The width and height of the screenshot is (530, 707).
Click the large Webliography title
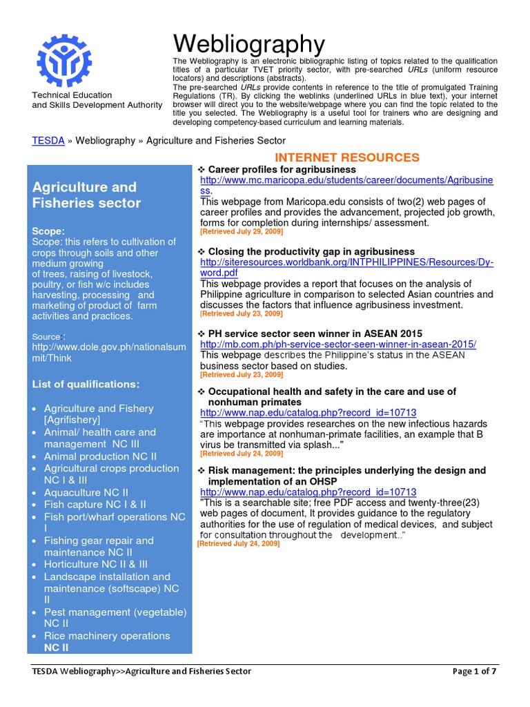[248, 44]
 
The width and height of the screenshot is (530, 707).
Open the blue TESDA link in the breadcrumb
[48, 140]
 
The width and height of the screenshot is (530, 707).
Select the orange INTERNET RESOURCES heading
[347, 157]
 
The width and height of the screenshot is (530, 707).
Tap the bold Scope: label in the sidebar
[49, 231]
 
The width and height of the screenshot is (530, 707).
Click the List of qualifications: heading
[86, 384]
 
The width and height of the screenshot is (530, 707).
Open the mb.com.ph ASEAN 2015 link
[338, 344]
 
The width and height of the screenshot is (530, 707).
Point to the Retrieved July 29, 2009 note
[242, 231]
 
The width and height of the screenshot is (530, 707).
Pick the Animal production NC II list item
[100, 456]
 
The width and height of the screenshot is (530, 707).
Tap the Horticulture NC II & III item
[96, 564]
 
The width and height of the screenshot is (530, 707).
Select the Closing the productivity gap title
[311, 251]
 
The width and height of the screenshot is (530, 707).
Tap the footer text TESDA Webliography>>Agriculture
[141, 671]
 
